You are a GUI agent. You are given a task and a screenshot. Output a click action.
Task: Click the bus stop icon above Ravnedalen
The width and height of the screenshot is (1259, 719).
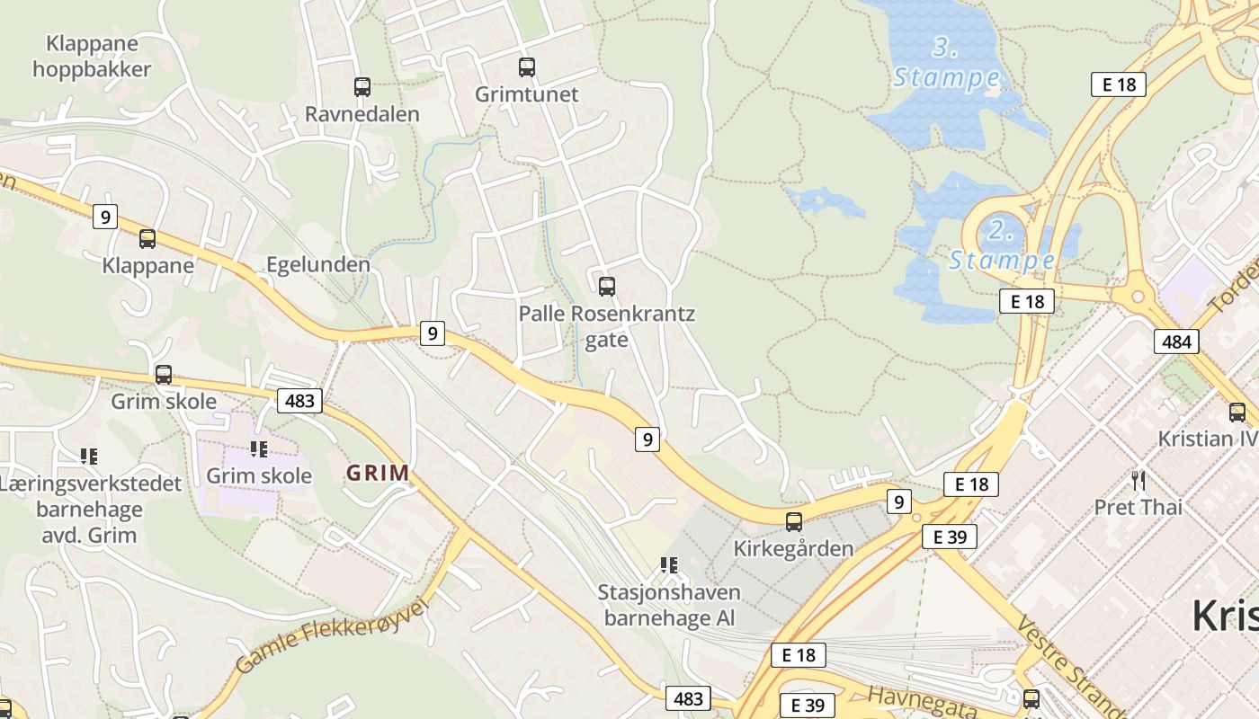(362, 87)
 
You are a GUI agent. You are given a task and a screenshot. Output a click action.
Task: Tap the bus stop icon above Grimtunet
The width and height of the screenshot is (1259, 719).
(526, 67)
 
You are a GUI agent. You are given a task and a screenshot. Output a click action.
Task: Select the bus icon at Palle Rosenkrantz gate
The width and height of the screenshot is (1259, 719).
(607, 287)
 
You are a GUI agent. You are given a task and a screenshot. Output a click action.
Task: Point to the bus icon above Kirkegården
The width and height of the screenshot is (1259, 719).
(793, 521)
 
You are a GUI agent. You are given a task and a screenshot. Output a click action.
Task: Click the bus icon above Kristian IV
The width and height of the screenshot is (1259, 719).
(1237, 413)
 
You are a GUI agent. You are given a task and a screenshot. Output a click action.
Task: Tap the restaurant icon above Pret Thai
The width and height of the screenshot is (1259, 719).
(1138, 480)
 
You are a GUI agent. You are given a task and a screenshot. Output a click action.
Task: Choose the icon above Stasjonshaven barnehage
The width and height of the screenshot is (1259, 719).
(668, 565)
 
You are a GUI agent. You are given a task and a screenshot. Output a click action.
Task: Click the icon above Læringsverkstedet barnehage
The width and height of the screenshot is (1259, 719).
(88, 457)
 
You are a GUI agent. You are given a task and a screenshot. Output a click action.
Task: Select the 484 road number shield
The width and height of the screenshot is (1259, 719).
(1176, 341)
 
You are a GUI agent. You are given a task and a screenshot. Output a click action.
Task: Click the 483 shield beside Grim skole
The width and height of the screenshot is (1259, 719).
(299, 400)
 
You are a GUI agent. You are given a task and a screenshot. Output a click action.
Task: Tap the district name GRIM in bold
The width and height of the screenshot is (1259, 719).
(378, 473)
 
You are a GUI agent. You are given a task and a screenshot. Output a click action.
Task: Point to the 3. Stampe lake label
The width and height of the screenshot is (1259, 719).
(946, 63)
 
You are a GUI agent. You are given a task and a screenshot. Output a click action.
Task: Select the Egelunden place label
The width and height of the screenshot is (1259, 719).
(318, 264)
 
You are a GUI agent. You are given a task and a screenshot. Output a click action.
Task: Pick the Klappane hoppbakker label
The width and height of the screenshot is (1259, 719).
(92, 56)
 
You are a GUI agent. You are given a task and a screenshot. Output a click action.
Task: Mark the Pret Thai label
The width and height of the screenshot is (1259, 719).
(1138, 507)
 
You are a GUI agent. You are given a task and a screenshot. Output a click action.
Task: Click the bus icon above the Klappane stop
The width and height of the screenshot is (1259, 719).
(147, 239)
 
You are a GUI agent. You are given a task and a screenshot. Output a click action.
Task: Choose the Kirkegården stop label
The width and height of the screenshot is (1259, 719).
(793, 548)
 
